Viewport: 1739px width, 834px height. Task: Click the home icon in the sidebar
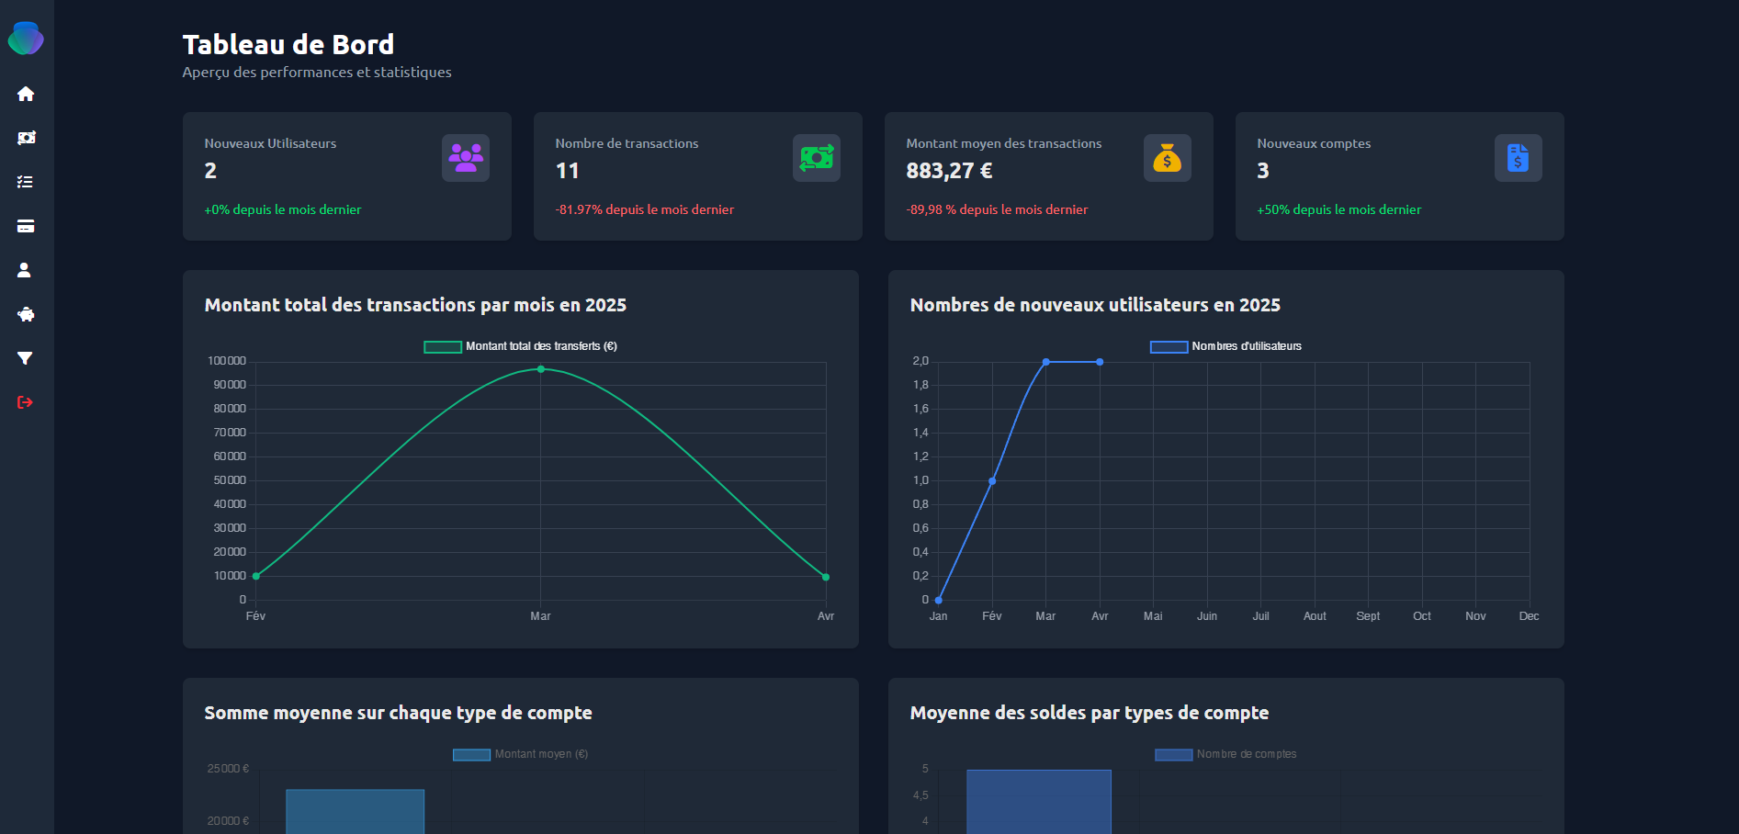(x=26, y=94)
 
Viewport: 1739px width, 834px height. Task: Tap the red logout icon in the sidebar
(x=26, y=402)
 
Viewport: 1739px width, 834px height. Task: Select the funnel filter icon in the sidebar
(x=26, y=358)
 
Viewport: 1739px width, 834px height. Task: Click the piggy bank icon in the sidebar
(x=26, y=314)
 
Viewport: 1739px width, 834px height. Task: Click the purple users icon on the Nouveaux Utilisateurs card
(x=466, y=158)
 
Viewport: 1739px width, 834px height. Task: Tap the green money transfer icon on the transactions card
(x=816, y=158)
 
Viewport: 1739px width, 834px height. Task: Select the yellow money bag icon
(x=1167, y=158)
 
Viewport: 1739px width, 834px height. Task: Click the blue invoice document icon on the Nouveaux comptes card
(x=1518, y=158)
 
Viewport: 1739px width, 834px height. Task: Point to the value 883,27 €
(x=949, y=171)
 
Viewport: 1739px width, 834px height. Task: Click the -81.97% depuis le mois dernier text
(x=644, y=209)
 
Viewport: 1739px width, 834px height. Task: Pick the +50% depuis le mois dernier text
(x=1338, y=209)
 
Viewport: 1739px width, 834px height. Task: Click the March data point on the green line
(x=541, y=369)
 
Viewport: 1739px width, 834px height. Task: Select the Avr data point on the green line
(x=826, y=577)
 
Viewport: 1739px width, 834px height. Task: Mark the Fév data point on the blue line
(x=992, y=481)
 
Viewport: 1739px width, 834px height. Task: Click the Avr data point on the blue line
(x=1100, y=362)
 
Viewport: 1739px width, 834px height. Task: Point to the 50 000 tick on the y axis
(x=230, y=480)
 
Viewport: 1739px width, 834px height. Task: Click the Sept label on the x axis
(x=1368, y=616)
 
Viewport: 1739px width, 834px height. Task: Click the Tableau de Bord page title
(x=288, y=44)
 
